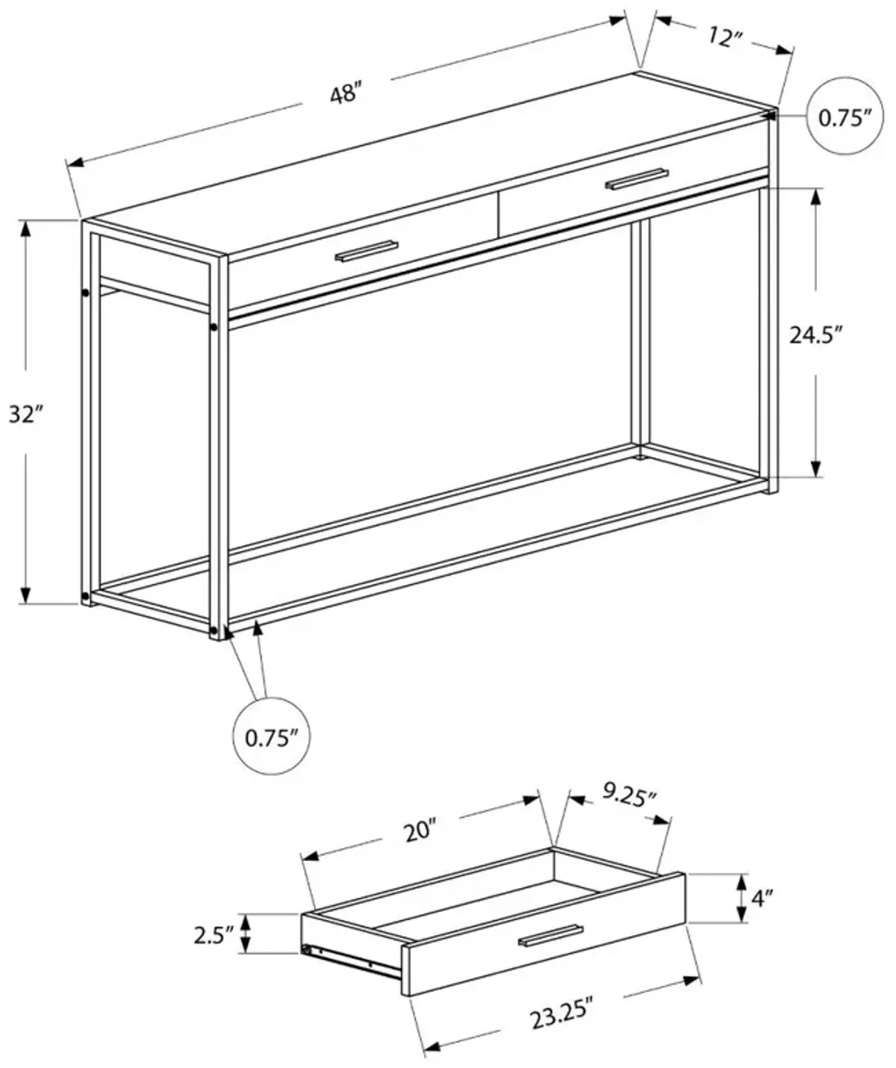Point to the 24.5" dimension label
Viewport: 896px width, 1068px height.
click(x=816, y=335)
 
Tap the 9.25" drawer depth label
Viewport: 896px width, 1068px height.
click(x=629, y=798)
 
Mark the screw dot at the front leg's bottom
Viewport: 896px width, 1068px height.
click(x=215, y=632)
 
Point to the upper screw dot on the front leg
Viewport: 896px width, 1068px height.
click(x=214, y=327)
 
